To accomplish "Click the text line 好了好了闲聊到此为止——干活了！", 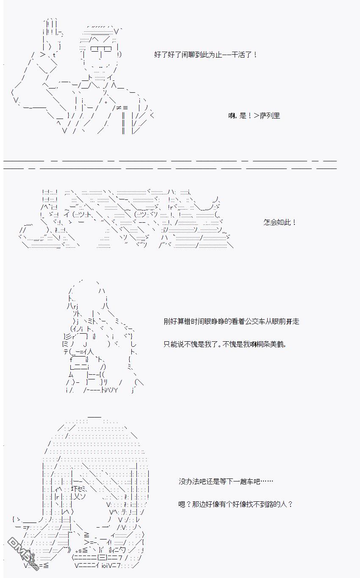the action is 206,55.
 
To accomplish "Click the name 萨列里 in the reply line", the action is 270,116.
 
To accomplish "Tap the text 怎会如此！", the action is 280,222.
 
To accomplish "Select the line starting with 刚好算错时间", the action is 232,321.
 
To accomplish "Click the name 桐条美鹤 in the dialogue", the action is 270,344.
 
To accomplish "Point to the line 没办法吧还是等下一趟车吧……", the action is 226,481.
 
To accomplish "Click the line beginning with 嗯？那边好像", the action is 235,504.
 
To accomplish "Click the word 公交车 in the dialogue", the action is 255,321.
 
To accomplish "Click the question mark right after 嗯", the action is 188,504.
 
